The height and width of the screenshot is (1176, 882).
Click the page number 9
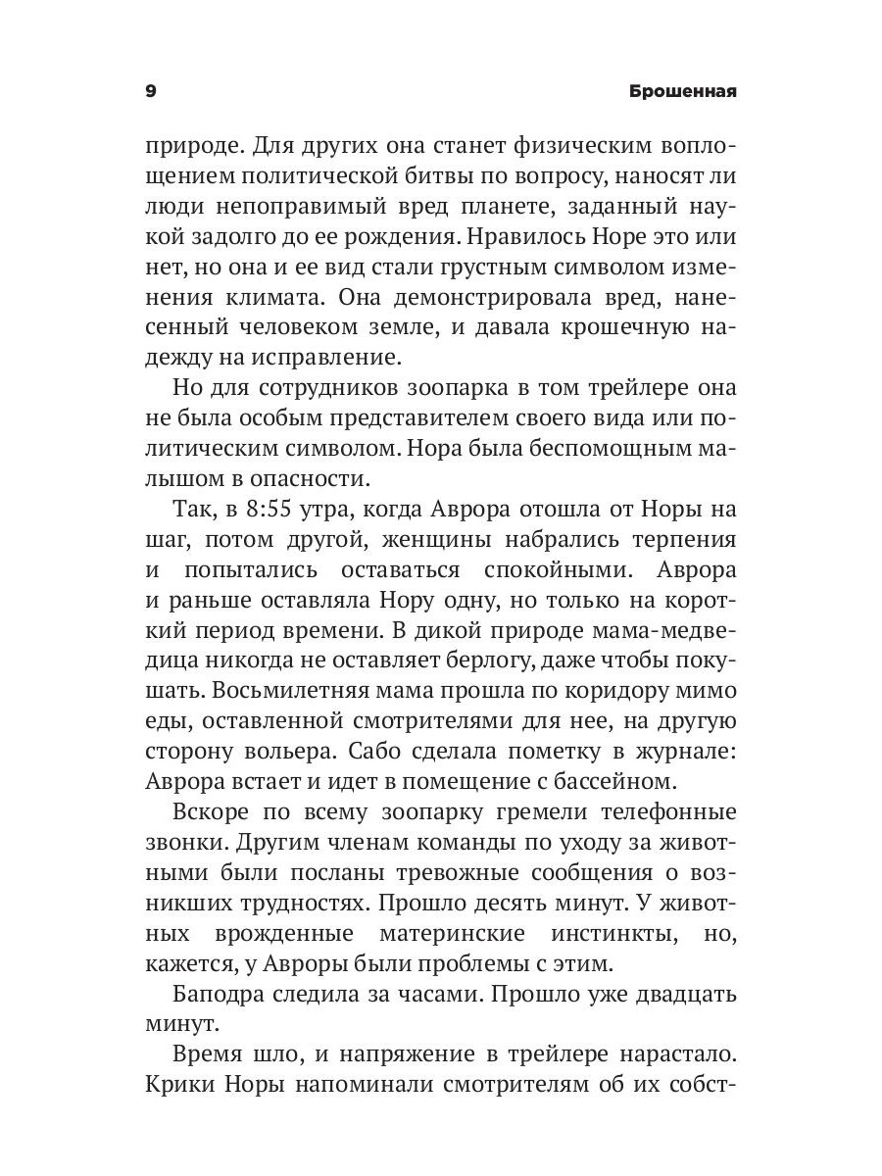(150, 91)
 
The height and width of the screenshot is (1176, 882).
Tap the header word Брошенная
(684, 91)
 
